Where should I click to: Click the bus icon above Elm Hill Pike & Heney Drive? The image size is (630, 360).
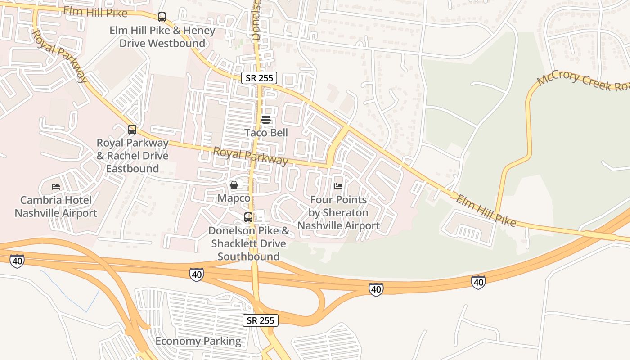point(162,18)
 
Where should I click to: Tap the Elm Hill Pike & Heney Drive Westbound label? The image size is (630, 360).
point(162,37)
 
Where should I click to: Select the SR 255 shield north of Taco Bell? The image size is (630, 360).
point(259,78)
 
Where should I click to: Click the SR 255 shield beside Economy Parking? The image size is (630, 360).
point(261,320)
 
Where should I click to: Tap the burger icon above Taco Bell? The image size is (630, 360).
point(266,120)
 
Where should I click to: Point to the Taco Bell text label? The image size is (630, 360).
point(266,133)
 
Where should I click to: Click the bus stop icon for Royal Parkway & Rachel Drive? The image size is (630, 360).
point(132,130)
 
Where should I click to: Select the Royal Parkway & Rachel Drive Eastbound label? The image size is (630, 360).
point(132,156)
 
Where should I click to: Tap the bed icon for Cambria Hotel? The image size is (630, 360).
point(56,186)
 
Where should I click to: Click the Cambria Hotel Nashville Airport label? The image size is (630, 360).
point(56,207)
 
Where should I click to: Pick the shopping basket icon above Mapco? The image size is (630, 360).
point(234,185)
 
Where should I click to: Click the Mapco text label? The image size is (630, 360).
point(234,198)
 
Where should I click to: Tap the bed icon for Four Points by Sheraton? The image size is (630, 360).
point(338,186)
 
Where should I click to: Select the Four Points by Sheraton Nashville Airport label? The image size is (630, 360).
point(338,212)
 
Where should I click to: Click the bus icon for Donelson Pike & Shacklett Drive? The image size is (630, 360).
point(248,217)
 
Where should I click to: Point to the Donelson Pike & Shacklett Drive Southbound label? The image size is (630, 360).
point(249,243)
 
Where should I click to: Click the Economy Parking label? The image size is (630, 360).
point(198,341)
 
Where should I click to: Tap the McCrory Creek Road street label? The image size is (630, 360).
point(583,81)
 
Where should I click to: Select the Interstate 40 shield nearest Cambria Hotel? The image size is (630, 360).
point(17,261)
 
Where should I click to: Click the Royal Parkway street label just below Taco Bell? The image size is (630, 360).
point(250,156)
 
